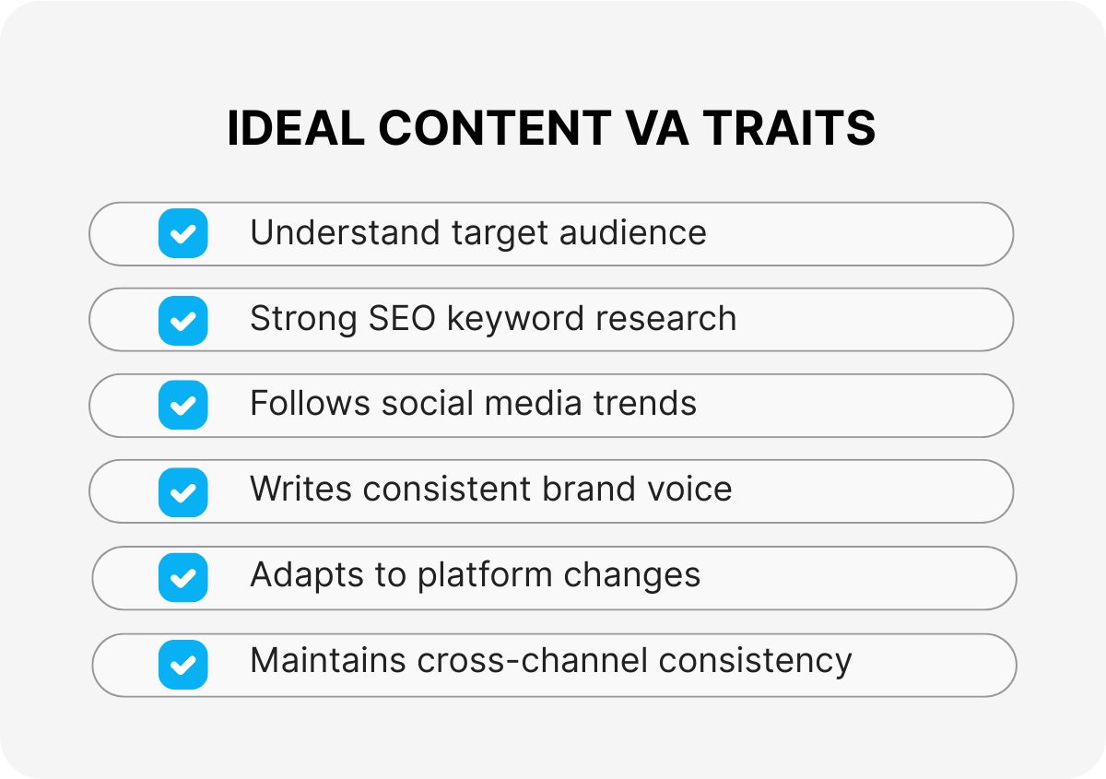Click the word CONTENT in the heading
pos(494,128)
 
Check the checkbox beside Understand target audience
pos(182,233)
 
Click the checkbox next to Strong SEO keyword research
pos(182,320)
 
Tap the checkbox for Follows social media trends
pos(182,405)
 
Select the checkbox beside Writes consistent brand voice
pos(182,491)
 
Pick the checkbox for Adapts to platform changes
pos(182,577)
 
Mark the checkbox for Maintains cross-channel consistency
pos(182,664)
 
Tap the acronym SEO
pos(403,319)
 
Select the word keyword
pos(516,319)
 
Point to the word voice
pos(688,489)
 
